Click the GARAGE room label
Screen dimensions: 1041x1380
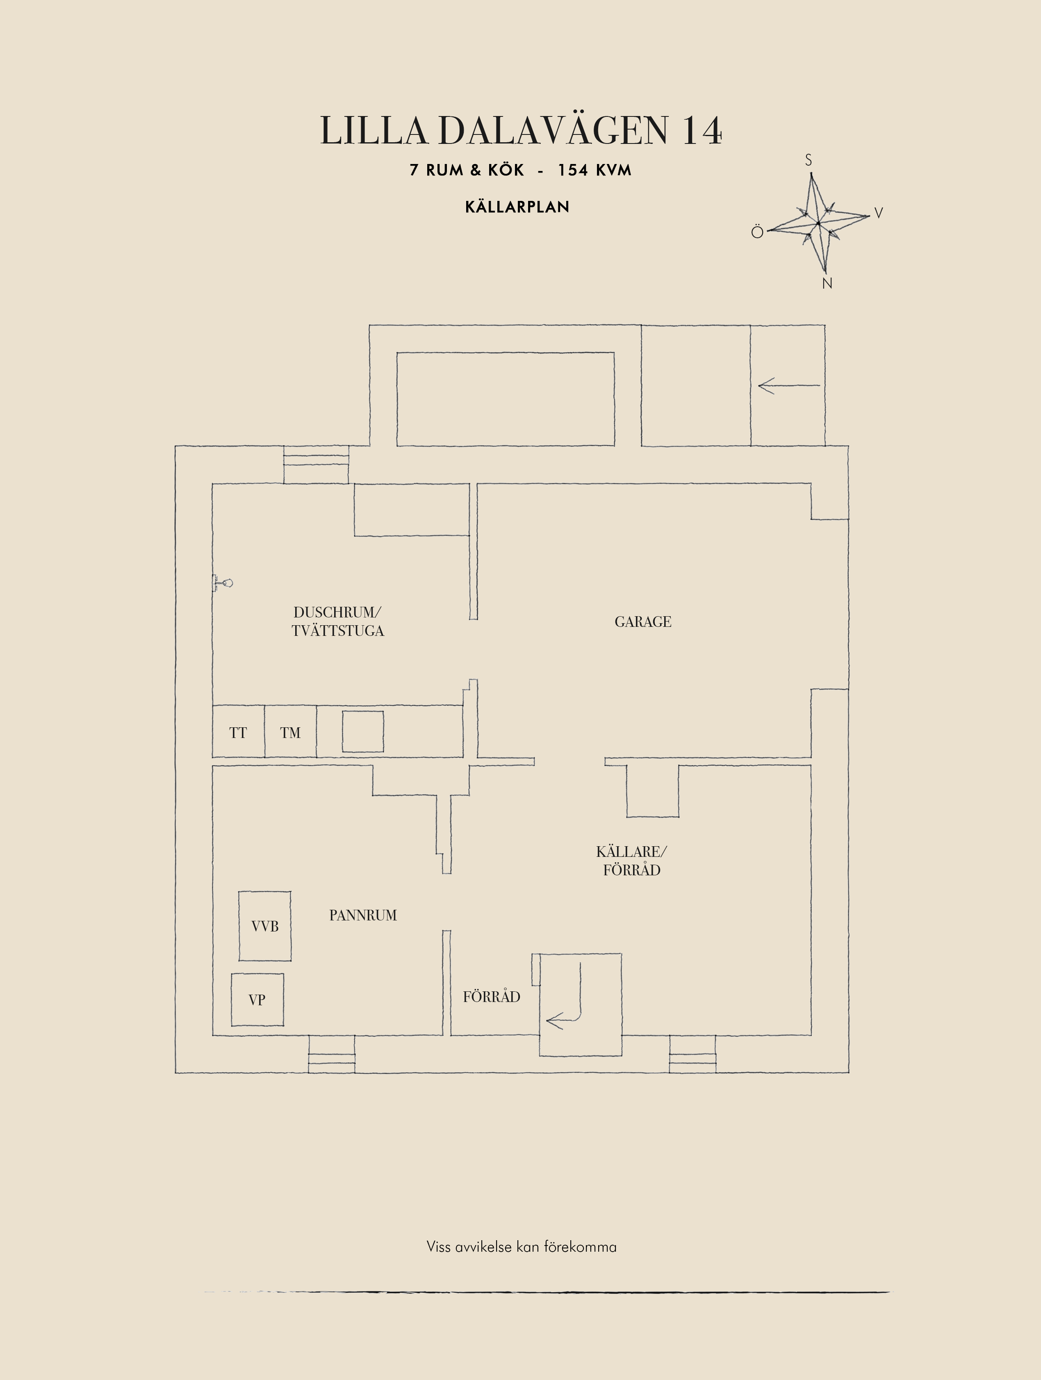click(642, 622)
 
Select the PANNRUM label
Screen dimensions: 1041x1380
click(363, 915)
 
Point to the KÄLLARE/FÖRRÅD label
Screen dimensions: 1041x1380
click(631, 860)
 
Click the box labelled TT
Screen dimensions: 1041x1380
click(238, 732)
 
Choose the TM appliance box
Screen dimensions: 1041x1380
click(290, 732)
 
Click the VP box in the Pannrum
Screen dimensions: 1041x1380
click(257, 1000)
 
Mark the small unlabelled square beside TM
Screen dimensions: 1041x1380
click(362, 731)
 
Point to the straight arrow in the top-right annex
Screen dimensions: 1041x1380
click(789, 385)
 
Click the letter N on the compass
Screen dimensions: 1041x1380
click(827, 283)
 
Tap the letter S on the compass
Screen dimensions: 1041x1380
click(809, 160)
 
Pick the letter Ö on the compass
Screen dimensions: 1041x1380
click(757, 232)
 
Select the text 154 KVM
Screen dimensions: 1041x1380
click(595, 170)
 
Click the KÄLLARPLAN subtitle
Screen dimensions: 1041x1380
click(517, 207)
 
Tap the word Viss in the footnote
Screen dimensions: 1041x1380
click(438, 1247)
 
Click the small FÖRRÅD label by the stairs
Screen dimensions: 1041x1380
click(492, 996)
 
